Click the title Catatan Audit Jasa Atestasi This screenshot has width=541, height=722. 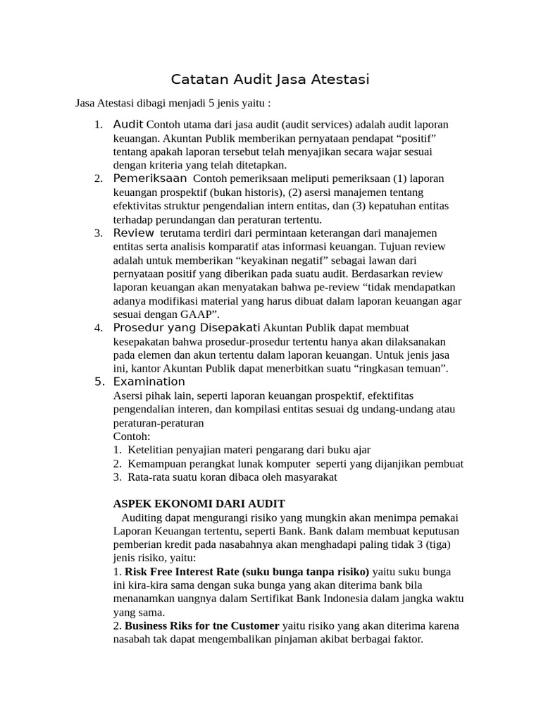click(x=270, y=79)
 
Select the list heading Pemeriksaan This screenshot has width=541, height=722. click(x=151, y=178)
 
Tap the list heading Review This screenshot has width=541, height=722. click(x=133, y=232)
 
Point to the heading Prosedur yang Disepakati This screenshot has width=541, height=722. click(x=186, y=327)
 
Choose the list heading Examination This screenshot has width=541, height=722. click(x=149, y=381)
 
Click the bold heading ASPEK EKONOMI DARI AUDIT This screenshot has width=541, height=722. click(x=199, y=503)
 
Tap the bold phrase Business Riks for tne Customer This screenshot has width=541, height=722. click(x=201, y=625)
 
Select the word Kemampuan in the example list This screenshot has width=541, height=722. click(x=156, y=463)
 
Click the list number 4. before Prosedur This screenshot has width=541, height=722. click(x=99, y=328)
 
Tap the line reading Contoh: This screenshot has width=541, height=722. click(x=132, y=436)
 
